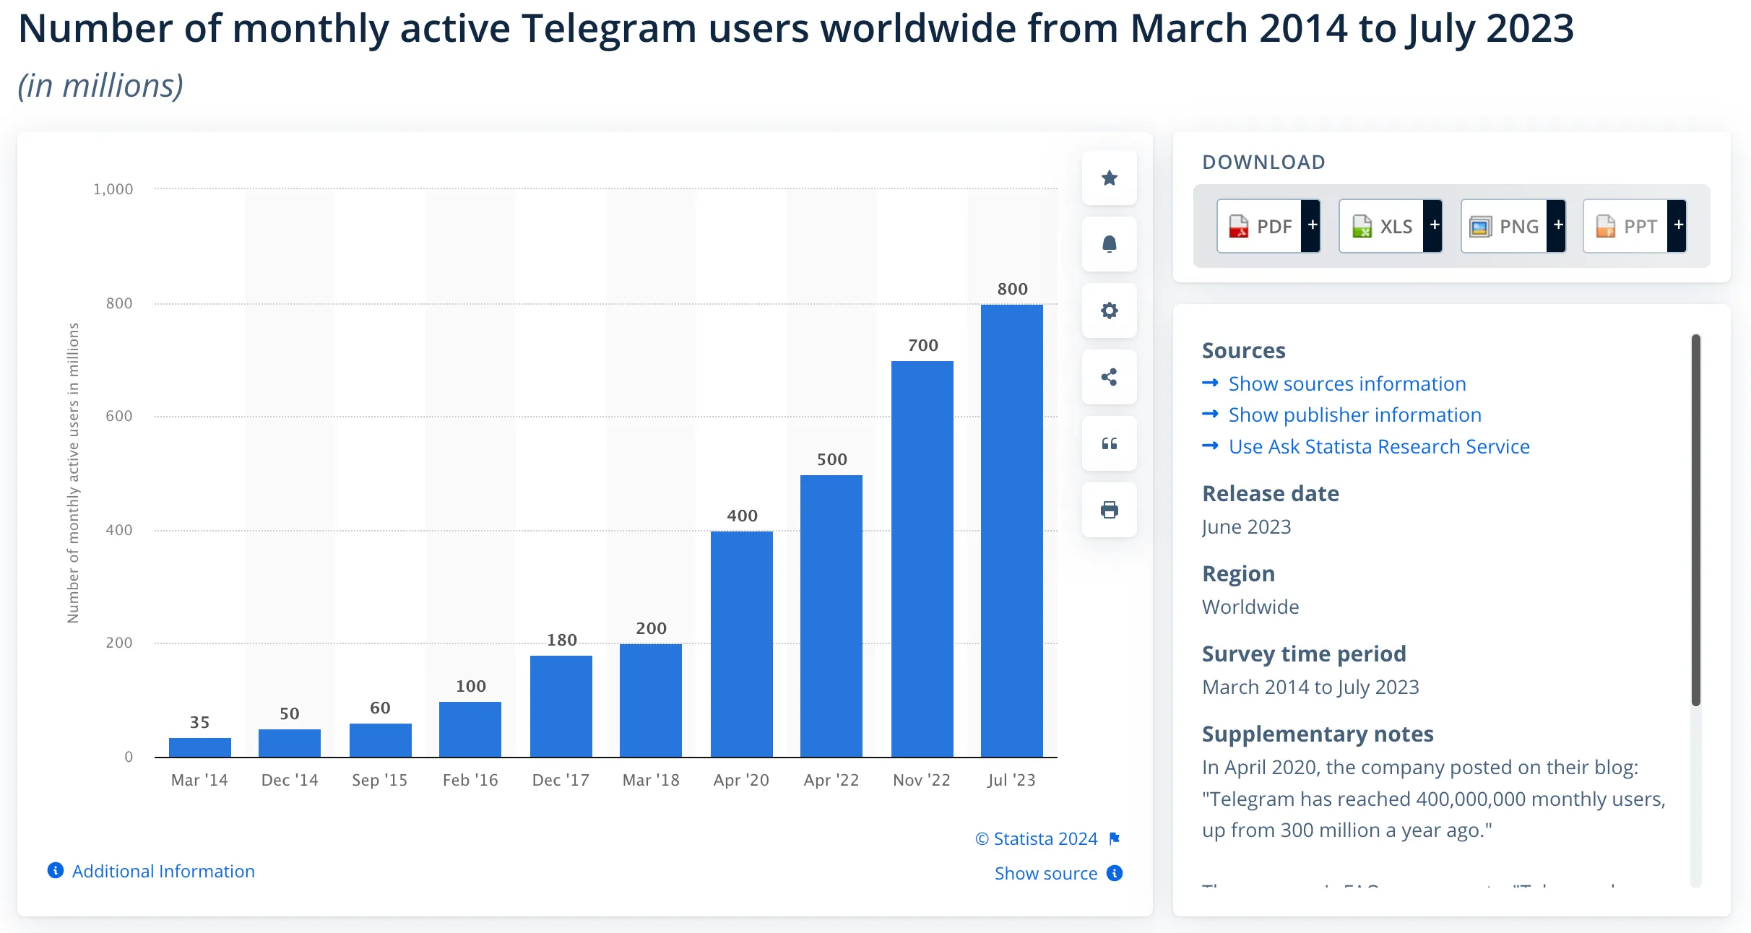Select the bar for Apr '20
tap(741, 643)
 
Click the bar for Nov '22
tap(922, 558)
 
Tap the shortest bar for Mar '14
tap(199, 747)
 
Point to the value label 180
tap(561, 640)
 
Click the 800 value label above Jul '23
tap(1012, 289)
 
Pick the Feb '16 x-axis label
tap(470, 780)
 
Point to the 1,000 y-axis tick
tap(113, 189)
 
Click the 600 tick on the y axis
tap(119, 416)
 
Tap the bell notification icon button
tap(1109, 244)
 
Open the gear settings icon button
tap(1109, 311)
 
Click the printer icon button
tap(1109, 510)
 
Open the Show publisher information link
tap(1354, 415)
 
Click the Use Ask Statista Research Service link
tap(1378, 447)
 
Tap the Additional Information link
tap(163, 871)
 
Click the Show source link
tap(1045, 874)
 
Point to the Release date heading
tap(1270, 494)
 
